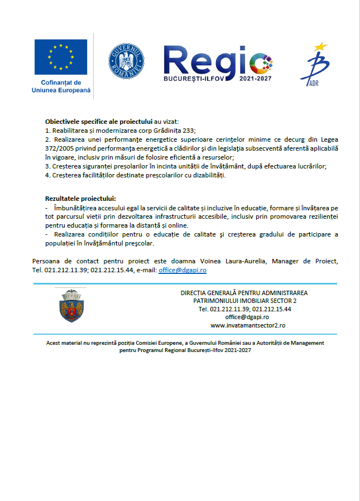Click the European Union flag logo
point(60,58)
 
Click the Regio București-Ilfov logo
point(217,62)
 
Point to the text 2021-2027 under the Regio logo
point(253,79)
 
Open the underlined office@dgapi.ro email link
point(183,269)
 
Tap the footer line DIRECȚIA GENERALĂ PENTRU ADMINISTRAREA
point(244,293)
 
